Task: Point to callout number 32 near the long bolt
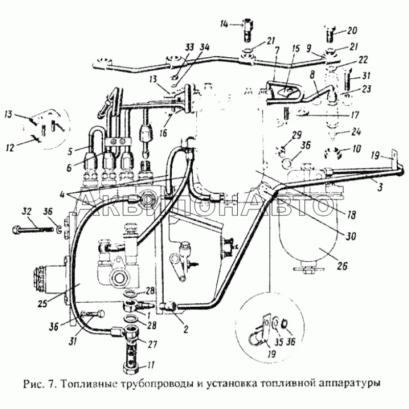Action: [28, 211]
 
